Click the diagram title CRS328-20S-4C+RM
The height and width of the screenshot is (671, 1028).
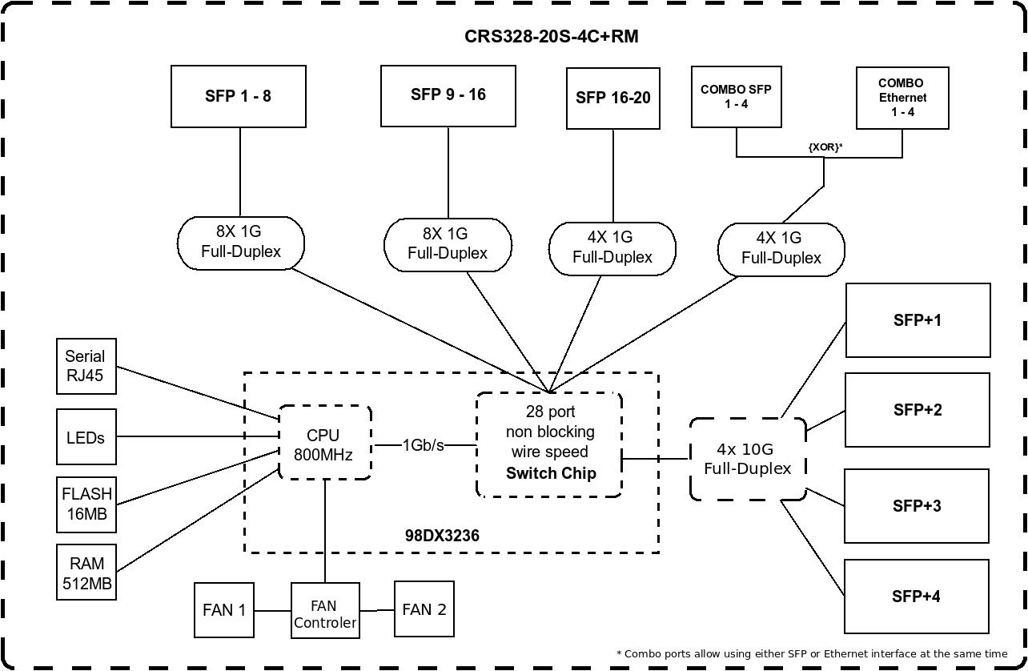[551, 36]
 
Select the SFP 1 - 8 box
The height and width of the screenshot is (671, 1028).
[239, 96]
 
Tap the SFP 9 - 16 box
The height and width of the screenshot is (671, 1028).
[448, 96]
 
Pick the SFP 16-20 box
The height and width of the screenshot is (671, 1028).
[613, 98]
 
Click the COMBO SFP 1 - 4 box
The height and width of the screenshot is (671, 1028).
[737, 97]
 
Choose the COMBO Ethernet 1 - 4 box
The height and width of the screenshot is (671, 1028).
[903, 98]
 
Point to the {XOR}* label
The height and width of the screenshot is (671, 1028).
[825, 147]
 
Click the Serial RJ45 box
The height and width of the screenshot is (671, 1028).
[86, 366]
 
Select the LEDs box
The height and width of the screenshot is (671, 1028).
[86, 437]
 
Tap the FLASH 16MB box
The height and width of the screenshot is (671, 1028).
[86, 505]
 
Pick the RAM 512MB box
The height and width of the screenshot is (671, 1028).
[86, 573]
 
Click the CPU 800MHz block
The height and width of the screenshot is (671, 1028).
[325, 443]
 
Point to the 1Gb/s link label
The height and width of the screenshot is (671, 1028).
[424, 445]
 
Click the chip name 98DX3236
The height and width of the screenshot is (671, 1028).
[442, 536]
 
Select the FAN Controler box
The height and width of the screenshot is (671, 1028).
[325, 610]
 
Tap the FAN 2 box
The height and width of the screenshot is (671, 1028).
[424, 609]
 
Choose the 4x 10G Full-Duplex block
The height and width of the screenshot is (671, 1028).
[748, 459]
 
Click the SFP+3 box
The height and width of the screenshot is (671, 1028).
[917, 506]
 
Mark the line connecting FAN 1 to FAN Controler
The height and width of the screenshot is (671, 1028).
[272, 611]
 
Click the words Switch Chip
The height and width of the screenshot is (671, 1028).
[551, 473]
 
